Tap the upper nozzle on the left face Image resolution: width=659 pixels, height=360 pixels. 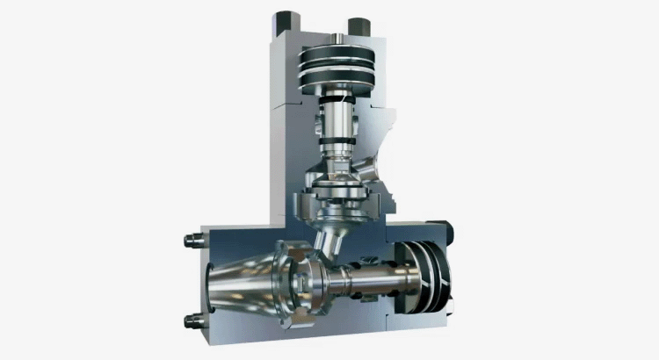click(188, 240)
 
